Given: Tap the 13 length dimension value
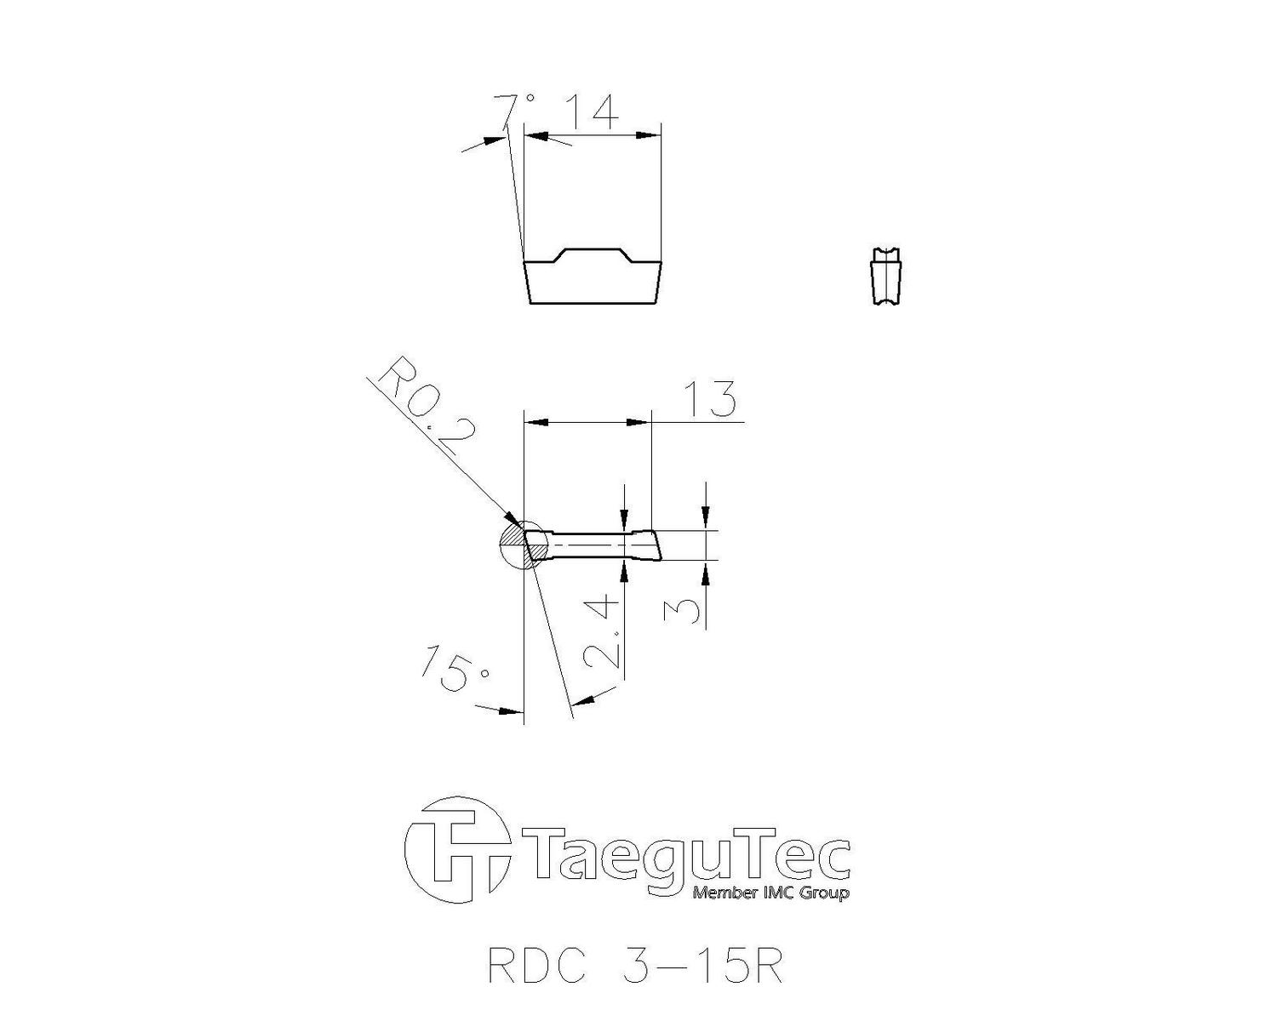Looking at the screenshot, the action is coord(710,399).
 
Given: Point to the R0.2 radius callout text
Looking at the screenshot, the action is coord(426,406).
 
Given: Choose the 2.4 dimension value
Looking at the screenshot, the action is coord(603,634).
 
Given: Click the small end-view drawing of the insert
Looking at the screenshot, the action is coord(887,277).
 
